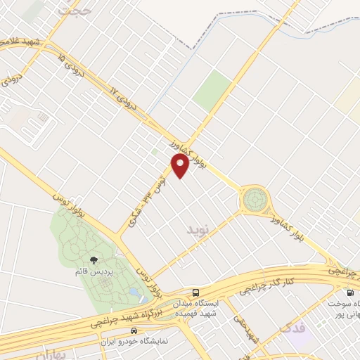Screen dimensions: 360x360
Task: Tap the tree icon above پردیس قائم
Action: [x=94, y=260]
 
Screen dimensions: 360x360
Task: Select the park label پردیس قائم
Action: [x=95, y=271]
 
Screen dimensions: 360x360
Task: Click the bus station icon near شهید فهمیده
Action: [x=196, y=292]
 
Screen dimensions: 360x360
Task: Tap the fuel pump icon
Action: [x=349, y=292]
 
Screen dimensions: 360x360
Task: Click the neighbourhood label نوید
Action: [x=198, y=229]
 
